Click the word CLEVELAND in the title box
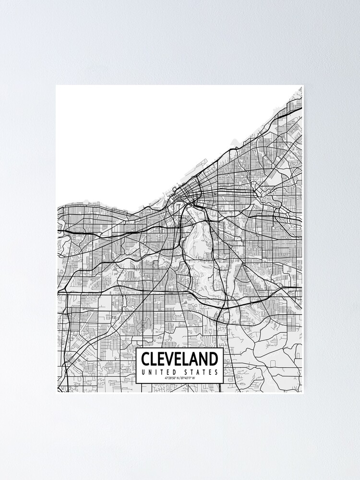tap(180, 359)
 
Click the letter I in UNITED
tap(156, 372)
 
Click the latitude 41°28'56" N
tap(170, 378)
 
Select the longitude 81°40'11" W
tap(191, 378)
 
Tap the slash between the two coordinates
tap(180, 378)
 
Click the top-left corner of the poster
tap(57, 86)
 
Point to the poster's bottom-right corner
tap(303, 393)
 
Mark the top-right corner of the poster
tap(303, 86)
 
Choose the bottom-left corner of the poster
tap(57, 393)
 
